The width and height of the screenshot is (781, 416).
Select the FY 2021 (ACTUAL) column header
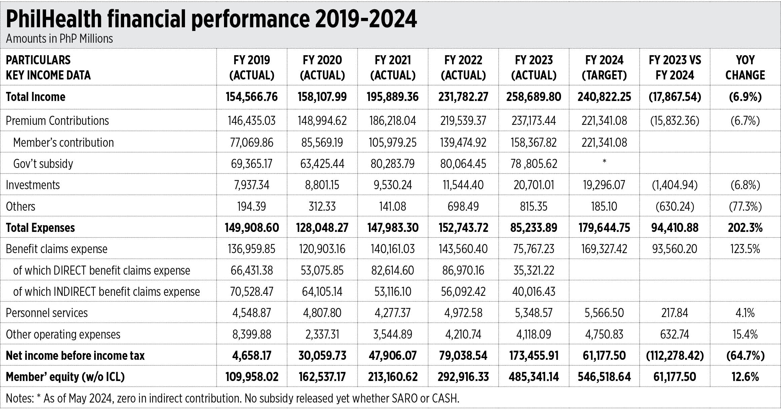pyautogui.click(x=393, y=67)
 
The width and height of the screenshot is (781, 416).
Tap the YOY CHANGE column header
pyautogui.click(x=745, y=67)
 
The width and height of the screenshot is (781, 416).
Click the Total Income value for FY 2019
pyautogui.click(x=252, y=97)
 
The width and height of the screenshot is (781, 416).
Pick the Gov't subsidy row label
pyautogui.click(x=43, y=164)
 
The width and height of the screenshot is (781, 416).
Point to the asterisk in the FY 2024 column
pyautogui.click(x=604, y=161)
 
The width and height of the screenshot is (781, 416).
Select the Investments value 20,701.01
pyautogui.click(x=533, y=185)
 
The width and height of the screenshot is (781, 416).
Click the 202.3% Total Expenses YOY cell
pyautogui.click(x=745, y=228)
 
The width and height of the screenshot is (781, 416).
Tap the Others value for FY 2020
pyautogui.click(x=322, y=206)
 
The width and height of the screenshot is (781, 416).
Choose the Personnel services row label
pyautogui.click(x=47, y=313)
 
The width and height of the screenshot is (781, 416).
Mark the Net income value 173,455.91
pyautogui.click(x=533, y=356)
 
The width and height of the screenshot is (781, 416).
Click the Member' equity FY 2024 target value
pyautogui.click(x=604, y=377)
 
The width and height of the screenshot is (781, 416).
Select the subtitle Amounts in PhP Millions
pyautogui.click(x=60, y=39)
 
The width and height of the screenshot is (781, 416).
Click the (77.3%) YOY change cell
pyautogui.click(x=745, y=206)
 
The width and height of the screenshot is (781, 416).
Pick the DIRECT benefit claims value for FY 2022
pyautogui.click(x=463, y=270)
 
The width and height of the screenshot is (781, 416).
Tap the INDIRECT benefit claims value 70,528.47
pyautogui.click(x=252, y=291)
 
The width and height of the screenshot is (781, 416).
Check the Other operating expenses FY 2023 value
pyautogui.click(x=533, y=334)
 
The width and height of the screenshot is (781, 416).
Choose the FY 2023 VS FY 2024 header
pyautogui.click(x=675, y=67)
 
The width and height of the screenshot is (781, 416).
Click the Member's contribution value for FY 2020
pyautogui.click(x=322, y=142)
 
